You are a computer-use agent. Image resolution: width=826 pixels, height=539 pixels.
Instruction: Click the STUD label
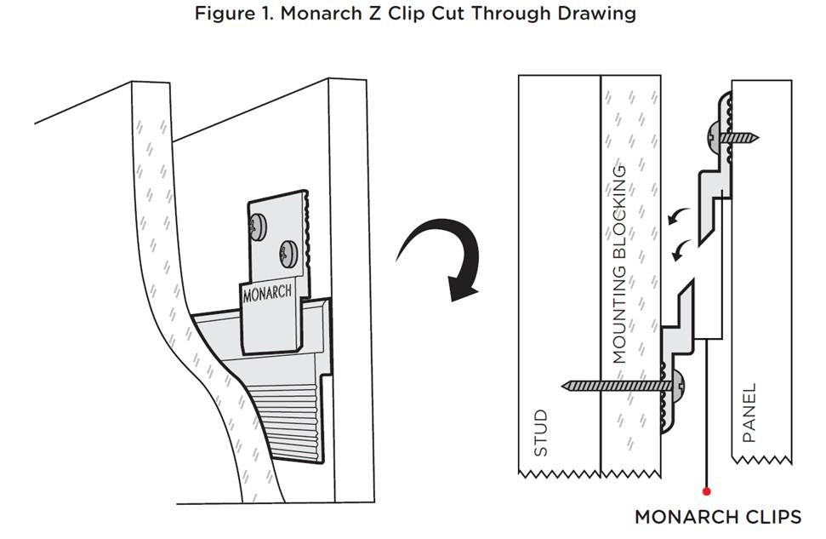coord(540,433)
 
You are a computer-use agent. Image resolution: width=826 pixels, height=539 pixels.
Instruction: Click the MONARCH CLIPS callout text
coord(718,517)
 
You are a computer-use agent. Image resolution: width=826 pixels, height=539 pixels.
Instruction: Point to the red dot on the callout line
coord(706,491)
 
